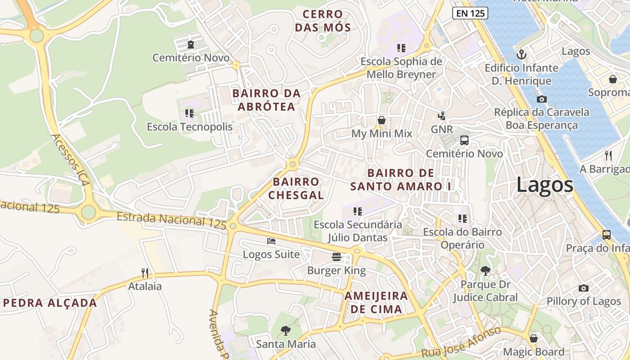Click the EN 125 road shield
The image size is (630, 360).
(x=470, y=13)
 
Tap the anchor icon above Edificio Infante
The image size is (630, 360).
(x=522, y=54)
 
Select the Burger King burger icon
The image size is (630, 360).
(x=337, y=257)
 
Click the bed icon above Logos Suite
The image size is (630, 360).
(x=271, y=241)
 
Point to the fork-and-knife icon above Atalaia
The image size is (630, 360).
(x=145, y=273)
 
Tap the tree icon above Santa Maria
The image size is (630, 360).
(x=285, y=331)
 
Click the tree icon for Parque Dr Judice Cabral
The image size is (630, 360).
(x=485, y=270)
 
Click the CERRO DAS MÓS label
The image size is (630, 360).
(x=323, y=21)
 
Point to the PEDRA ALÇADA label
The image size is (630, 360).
(x=50, y=303)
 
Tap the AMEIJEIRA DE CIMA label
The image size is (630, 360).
(x=376, y=302)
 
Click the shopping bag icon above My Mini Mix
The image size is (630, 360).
(x=382, y=120)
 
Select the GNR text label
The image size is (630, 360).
(x=441, y=130)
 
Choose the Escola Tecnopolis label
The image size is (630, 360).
(x=190, y=127)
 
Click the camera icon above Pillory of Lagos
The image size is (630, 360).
(x=584, y=288)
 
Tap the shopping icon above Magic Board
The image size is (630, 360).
(x=533, y=338)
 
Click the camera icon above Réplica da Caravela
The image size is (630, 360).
(x=542, y=99)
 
